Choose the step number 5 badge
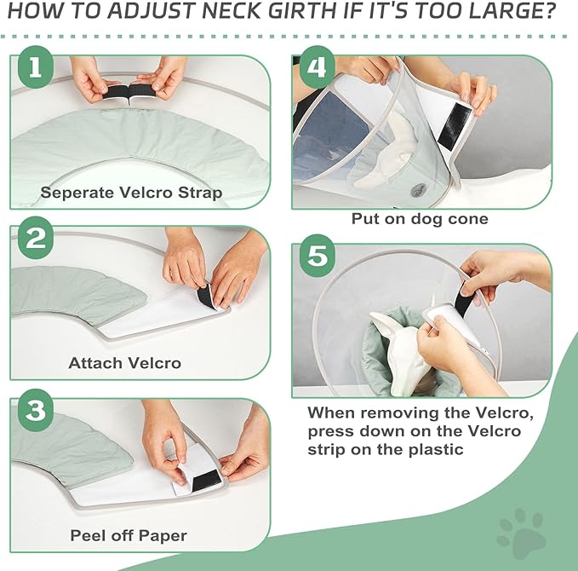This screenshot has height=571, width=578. [317, 257]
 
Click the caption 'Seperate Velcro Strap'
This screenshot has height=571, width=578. [131, 193]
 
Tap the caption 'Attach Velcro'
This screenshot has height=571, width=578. [124, 363]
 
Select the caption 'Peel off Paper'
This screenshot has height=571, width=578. [128, 536]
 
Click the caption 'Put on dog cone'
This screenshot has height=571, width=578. [420, 218]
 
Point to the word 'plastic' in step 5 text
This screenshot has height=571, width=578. [433, 448]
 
